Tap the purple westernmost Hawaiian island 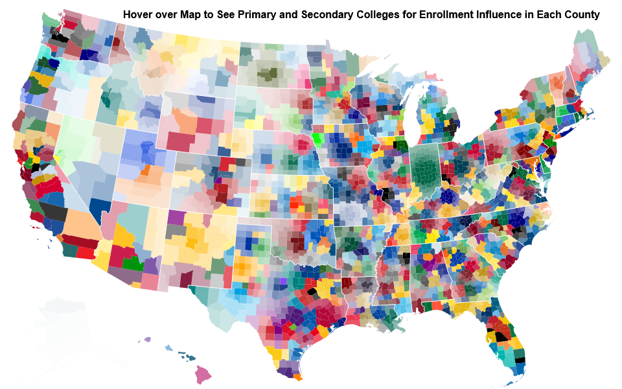coord(147,339)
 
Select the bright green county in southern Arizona coord(133,263)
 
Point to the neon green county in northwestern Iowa coord(317,137)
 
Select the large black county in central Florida coord(500,337)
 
